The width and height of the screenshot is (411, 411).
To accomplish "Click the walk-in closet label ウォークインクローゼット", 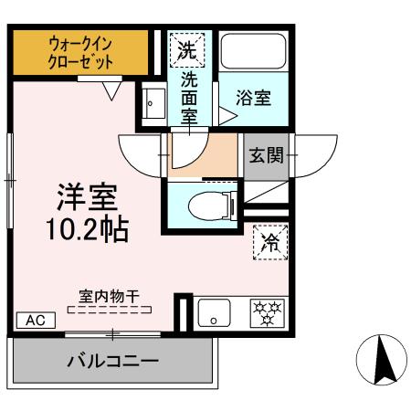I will (x=79, y=54).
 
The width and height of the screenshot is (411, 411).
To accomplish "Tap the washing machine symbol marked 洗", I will (x=187, y=48).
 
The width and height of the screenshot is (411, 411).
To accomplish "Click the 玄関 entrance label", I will (x=264, y=153).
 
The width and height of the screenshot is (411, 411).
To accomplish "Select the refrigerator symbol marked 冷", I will (x=268, y=242).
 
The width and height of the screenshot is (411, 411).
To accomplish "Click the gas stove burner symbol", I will (x=268, y=313).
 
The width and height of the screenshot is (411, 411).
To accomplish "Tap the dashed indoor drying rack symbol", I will (x=109, y=310).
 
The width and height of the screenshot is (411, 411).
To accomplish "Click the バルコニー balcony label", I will (x=112, y=361).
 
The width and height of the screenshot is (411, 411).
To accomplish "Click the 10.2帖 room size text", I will (x=89, y=228).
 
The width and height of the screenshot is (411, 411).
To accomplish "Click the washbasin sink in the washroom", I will (x=152, y=102).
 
